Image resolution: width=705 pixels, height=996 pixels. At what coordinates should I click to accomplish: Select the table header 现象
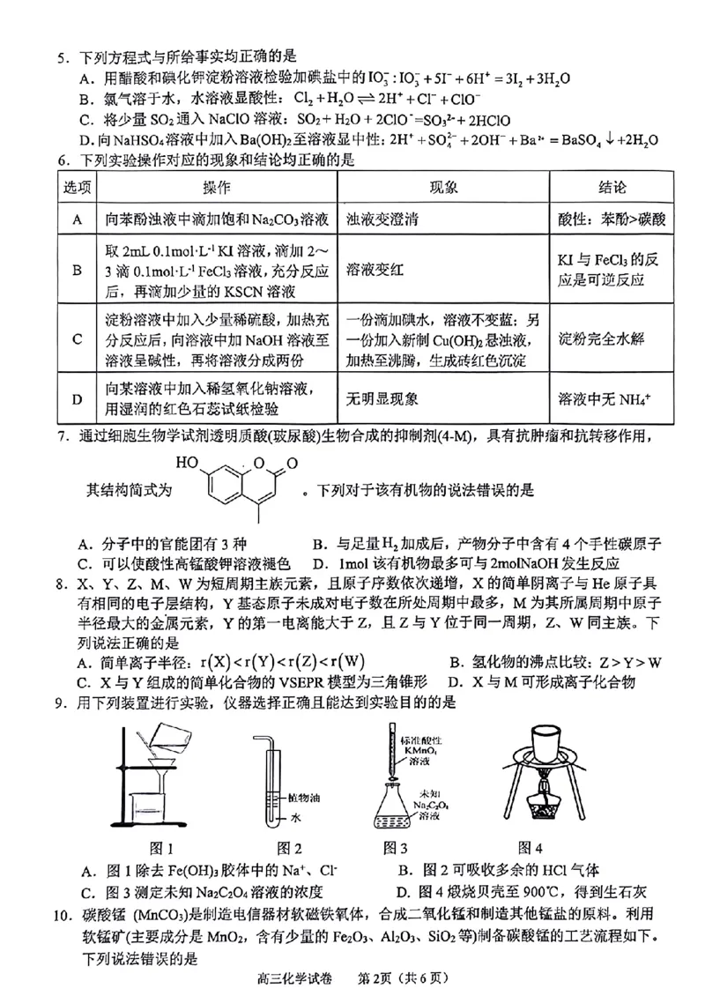[x=443, y=189]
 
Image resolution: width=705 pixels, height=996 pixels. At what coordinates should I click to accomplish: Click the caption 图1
[x=160, y=848]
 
